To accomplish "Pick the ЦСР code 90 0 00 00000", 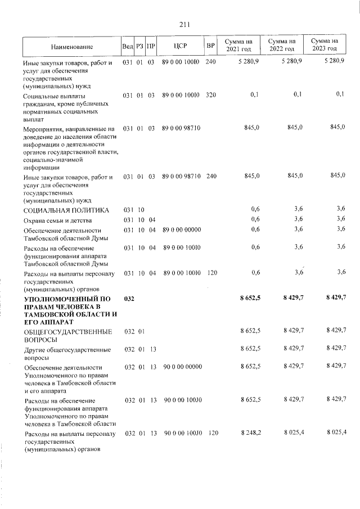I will pyautogui.click(x=182, y=367).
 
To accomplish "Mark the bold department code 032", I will pyautogui.click(x=129, y=298).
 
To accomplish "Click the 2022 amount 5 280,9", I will pyautogui.click(x=290, y=61).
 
